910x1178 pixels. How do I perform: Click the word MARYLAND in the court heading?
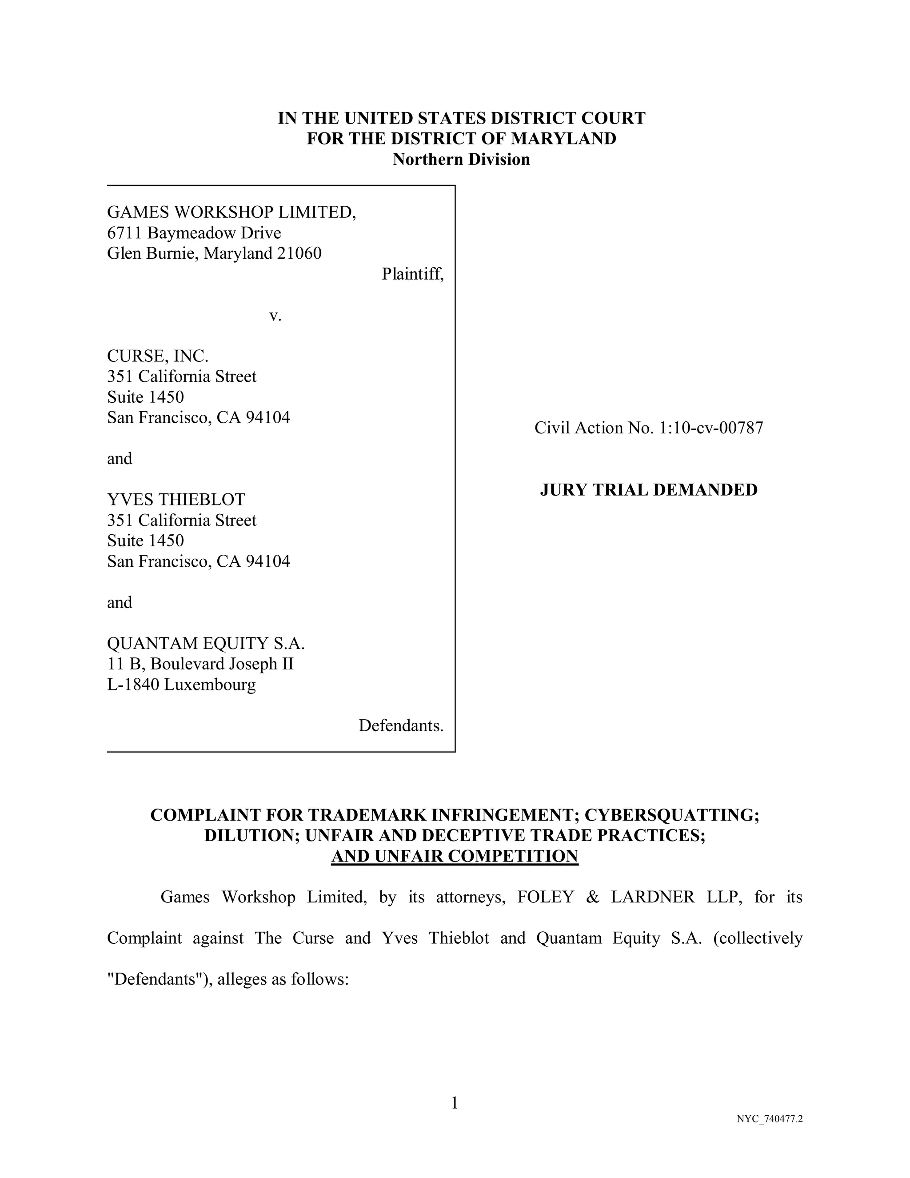point(563,139)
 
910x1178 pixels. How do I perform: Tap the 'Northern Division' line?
point(461,159)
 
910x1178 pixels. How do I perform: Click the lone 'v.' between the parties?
point(275,315)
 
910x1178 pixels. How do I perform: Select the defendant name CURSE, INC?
point(157,356)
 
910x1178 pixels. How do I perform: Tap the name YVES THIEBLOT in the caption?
point(176,500)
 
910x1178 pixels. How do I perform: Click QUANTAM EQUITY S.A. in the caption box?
point(206,644)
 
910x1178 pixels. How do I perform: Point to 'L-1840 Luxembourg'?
point(181,685)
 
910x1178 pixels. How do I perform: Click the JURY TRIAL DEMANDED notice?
point(649,490)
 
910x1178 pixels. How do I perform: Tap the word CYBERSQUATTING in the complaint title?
point(671,814)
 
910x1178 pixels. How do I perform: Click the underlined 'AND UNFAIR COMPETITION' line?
point(455,856)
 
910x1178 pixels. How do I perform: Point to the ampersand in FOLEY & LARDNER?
point(592,897)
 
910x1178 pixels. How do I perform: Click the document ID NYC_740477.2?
point(769,1119)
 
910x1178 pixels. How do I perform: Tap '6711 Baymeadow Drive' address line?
point(194,233)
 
